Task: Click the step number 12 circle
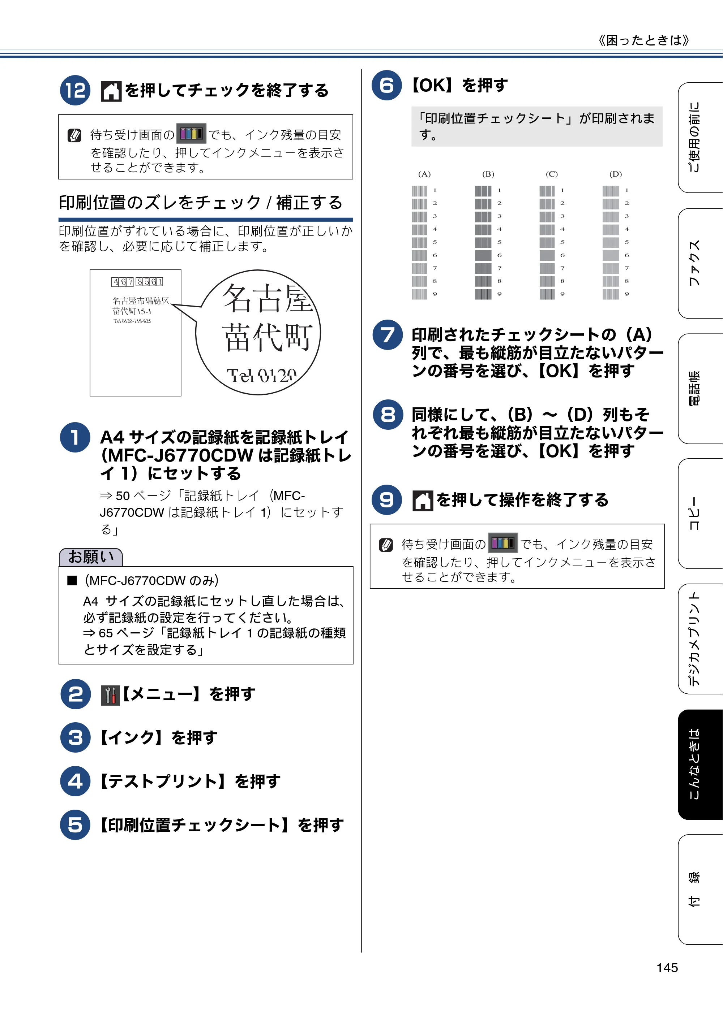point(75,90)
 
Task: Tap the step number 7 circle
point(388,335)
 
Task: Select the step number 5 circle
point(75,824)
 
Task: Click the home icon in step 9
point(423,500)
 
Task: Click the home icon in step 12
point(111,91)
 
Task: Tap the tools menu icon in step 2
point(111,695)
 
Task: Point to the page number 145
point(667,967)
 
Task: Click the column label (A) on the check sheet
point(424,174)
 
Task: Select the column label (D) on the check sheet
point(615,174)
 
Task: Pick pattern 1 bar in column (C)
point(547,191)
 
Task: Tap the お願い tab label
point(91,557)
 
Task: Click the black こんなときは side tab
point(700,764)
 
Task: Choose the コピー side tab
point(700,513)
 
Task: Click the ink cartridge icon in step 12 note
point(191,133)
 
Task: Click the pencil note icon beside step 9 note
point(386,545)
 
